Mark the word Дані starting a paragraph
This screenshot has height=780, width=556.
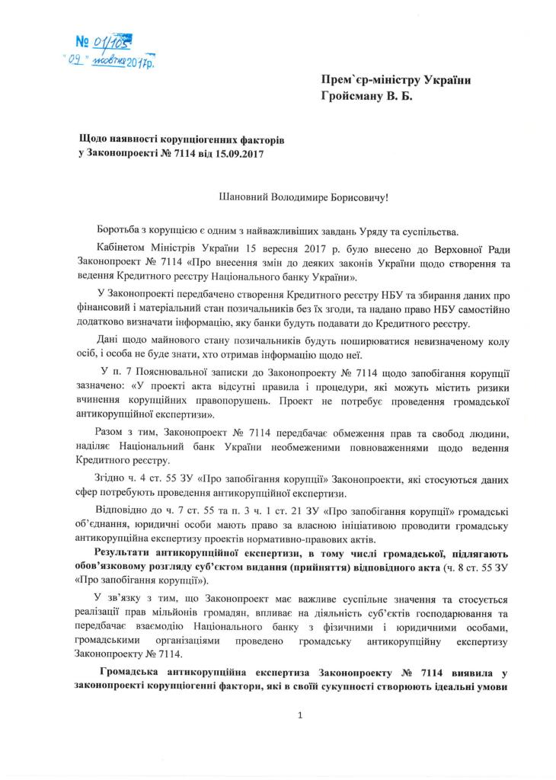[110, 340]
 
